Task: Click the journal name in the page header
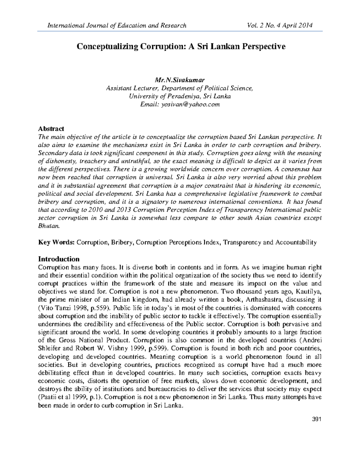tap(117, 26)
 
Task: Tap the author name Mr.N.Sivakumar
tap(180, 80)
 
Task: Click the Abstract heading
tap(51, 129)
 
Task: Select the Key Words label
tap(56, 242)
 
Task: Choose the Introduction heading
tap(59, 259)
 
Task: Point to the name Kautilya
tap(309, 291)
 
